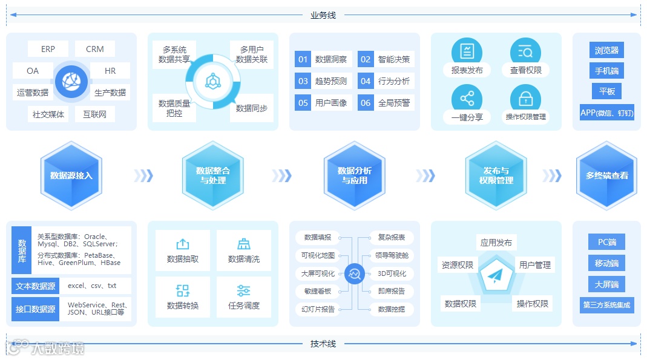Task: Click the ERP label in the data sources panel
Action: click(x=48, y=49)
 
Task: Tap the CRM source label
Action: click(x=95, y=49)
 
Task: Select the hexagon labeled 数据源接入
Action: click(x=71, y=175)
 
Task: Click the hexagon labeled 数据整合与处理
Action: click(x=213, y=175)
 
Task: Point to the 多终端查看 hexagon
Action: click(x=606, y=175)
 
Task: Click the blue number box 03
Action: click(x=303, y=81)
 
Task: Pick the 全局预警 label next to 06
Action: click(x=394, y=103)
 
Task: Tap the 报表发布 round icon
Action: click(x=467, y=51)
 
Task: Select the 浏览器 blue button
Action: click(x=606, y=50)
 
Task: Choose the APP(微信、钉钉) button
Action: click(x=606, y=113)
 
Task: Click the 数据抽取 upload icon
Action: click(x=182, y=244)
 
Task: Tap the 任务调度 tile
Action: click(x=244, y=297)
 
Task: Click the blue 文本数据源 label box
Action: click(x=35, y=286)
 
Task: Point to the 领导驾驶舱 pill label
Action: click(x=392, y=255)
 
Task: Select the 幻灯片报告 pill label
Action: click(x=318, y=309)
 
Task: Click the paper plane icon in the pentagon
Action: click(x=496, y=276)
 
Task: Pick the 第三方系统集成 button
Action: click(x=606, y=305)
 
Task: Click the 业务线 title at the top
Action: click(x=323, y=15)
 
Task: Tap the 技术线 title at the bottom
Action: click(x=323, y=344)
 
